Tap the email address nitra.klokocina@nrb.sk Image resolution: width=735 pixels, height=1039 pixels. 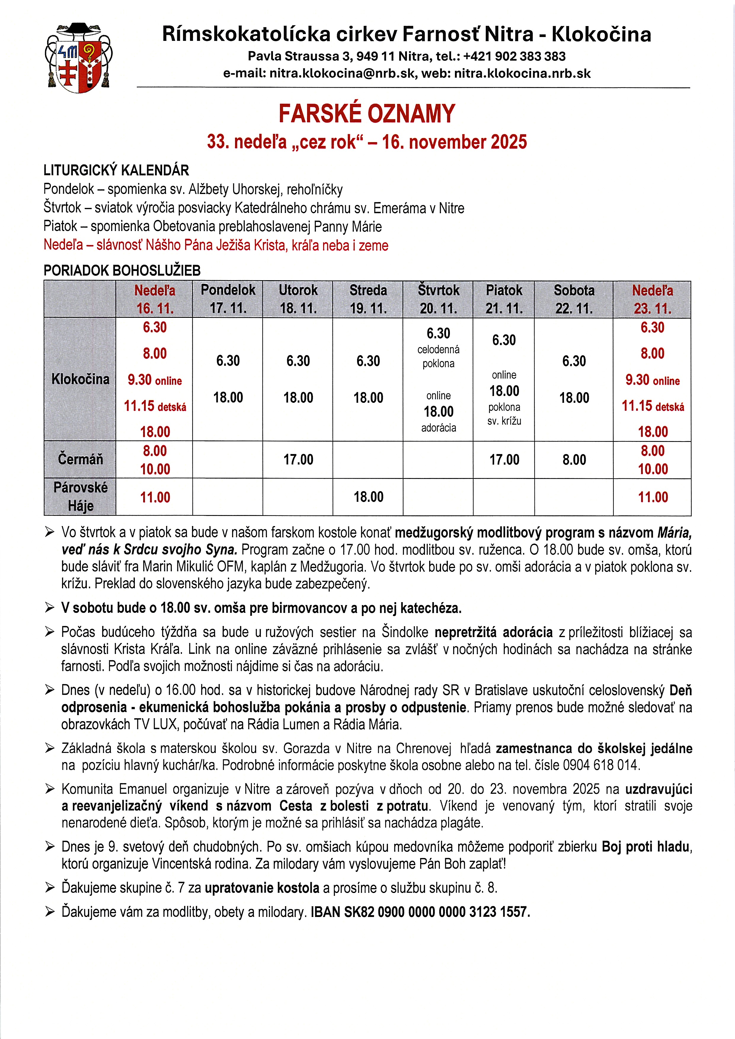pyautogui.click(x=342, y=74)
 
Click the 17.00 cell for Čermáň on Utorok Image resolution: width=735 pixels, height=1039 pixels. pyautogui.click(x=298, y=460)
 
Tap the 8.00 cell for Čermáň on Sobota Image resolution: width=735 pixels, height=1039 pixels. pyautogui.click(x=574, y=460)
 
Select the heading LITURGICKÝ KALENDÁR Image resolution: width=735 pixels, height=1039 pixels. pyautogui.click(x=116, y=171)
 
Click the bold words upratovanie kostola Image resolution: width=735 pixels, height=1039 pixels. pyautogui.click(x=262, y=888)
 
